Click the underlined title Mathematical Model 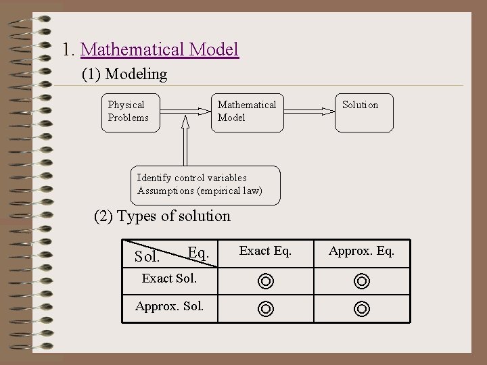click(x=160, y=49)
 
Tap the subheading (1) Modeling click(x=124, y=74)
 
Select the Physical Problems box click(x=129, y=112)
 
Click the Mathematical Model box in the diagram click(x=248, y=112)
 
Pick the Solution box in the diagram click(x=364, y=112)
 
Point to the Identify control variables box click(x=204, y=185)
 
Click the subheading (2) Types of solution click(x=162, y=216)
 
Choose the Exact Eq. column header click(x=266, y=251)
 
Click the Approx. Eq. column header click(x=361, y=251)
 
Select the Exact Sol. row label click(x=169, y=278)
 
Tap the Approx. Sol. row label click(x=169, y=306)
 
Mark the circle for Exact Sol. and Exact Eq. click(x=266, y=281)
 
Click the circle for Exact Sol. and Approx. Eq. click(x=362, y=281)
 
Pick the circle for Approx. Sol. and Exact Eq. click(x=266, y=309)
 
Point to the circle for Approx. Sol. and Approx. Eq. click(x=362, y=309)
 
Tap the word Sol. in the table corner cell click(x=147, y=258)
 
